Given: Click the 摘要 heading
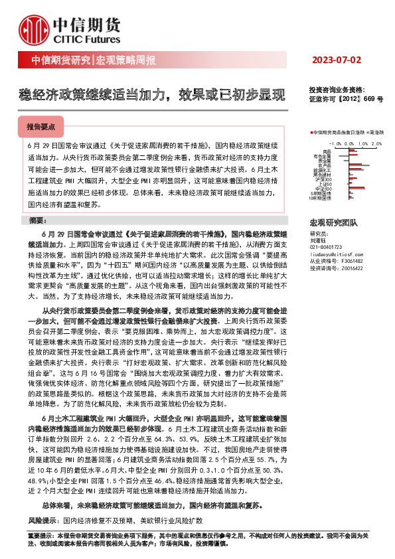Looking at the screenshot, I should click(40, 220).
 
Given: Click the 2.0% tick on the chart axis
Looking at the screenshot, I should click(376, 143).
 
